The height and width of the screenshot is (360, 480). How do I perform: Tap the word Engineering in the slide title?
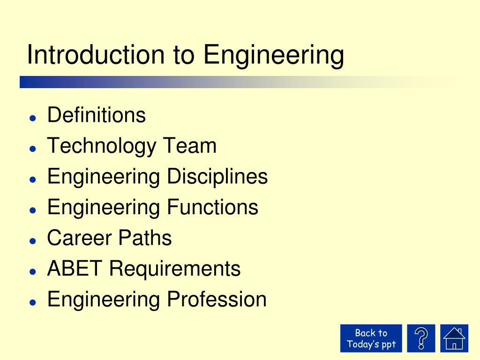[274, 56]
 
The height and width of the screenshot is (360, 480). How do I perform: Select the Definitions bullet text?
[97, 115]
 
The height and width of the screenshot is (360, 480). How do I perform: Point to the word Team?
[190, 146]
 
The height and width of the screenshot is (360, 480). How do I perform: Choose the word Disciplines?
[217, 177]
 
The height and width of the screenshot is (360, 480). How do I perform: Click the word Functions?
[213, 207]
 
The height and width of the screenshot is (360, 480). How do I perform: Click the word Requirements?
[175, 269]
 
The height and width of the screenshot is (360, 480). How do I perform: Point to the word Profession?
[217, 300]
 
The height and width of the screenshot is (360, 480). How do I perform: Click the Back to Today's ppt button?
[371, 338]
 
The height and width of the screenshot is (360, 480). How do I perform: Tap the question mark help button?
[421, 338]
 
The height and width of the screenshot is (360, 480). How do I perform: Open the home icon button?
[454, 338]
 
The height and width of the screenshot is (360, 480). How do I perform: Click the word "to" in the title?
[184, 55]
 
